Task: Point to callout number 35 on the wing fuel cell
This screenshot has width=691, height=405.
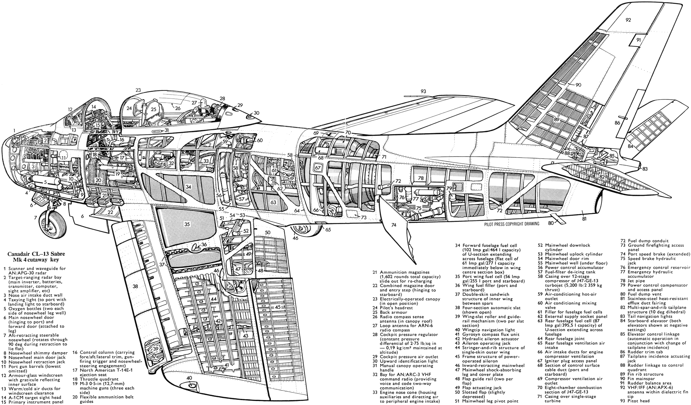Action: (x=187, y=224)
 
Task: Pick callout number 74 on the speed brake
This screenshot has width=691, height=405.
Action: (x=393, y=225)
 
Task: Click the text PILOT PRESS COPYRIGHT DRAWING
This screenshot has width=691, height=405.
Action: (x=512, y=224)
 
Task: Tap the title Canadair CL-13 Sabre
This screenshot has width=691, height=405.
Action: (x=36, y=255)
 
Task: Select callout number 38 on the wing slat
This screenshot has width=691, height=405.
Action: (x=135, y=286)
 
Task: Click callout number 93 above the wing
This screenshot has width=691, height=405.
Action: (x=424, y=91)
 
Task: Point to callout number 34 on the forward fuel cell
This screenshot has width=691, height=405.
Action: (x=188, y=187)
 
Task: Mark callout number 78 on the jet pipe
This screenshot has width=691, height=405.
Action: (x=421, y=178)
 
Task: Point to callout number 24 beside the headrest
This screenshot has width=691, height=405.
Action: (x=129, y=108)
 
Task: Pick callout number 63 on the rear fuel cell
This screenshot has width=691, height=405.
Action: (x=273, y=202)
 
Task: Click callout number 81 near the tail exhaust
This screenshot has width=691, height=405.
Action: (x=584, y=219)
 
